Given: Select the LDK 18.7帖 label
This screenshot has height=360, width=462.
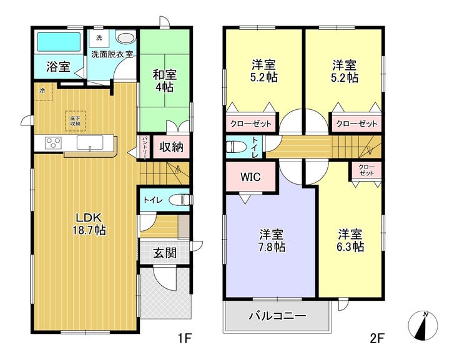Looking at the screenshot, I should pyautogui.click(x=91, y=223).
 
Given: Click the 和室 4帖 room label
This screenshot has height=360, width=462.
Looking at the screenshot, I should pyautogui.click(x=165, y=80).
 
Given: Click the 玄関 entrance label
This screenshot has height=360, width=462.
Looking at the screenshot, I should pyautogui.click(x=164, y=254).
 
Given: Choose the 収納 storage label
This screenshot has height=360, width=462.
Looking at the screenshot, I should pyautogui.click(x=170, y=147).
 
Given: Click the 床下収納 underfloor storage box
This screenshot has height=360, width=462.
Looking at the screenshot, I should pyautogui.click(x=75, y=120).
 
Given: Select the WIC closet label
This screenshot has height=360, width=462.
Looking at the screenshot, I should pyautogui.click(x=250, y=177).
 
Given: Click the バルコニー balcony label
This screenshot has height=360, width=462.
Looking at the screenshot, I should pyautogui.click(x=278, y=316).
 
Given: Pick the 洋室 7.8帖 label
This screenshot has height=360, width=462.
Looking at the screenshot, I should pyautogui.click(x=272, y=241).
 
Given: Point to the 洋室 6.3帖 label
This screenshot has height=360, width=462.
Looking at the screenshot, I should pyautogui.click(x=351, y=240).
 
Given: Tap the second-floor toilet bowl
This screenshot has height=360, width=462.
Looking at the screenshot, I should pyautogui.click(x=236, y=147).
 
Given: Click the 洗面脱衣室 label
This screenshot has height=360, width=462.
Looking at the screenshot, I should pyautogui.click(x=112, y=54).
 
